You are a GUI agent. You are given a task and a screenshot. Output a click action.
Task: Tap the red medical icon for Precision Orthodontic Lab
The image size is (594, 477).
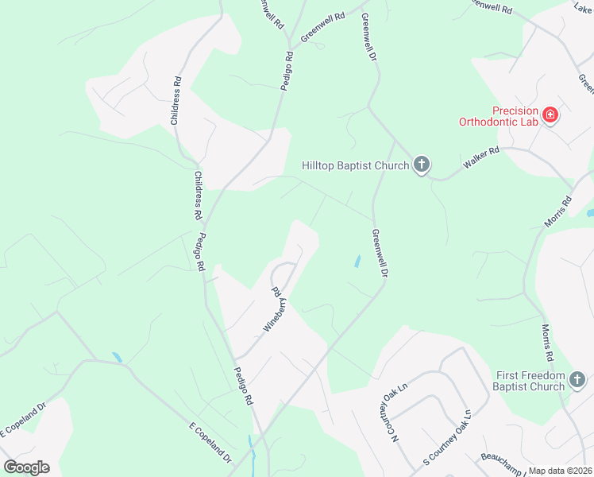pos(550,117)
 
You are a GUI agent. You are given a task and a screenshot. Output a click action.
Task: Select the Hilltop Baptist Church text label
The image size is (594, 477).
pos(355,165)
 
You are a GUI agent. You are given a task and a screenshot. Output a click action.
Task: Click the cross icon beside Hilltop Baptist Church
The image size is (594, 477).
pos(421,165)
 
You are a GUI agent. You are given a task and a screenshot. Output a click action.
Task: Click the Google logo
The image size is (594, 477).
pos(26,467)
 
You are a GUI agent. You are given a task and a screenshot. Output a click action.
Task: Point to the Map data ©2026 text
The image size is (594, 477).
pos(561,471)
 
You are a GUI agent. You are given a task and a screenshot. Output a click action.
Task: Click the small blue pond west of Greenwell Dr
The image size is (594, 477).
pos(357,261)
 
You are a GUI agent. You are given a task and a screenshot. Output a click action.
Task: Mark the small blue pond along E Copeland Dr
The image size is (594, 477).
pos(118,357)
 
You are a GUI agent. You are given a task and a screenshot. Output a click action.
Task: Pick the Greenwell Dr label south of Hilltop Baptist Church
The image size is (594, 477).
pos(380,253)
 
